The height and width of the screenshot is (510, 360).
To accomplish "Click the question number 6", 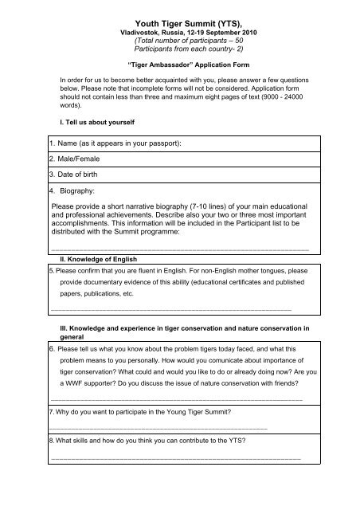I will (x=52, y=349).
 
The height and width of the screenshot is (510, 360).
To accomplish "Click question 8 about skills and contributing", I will (x=159, y=440).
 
